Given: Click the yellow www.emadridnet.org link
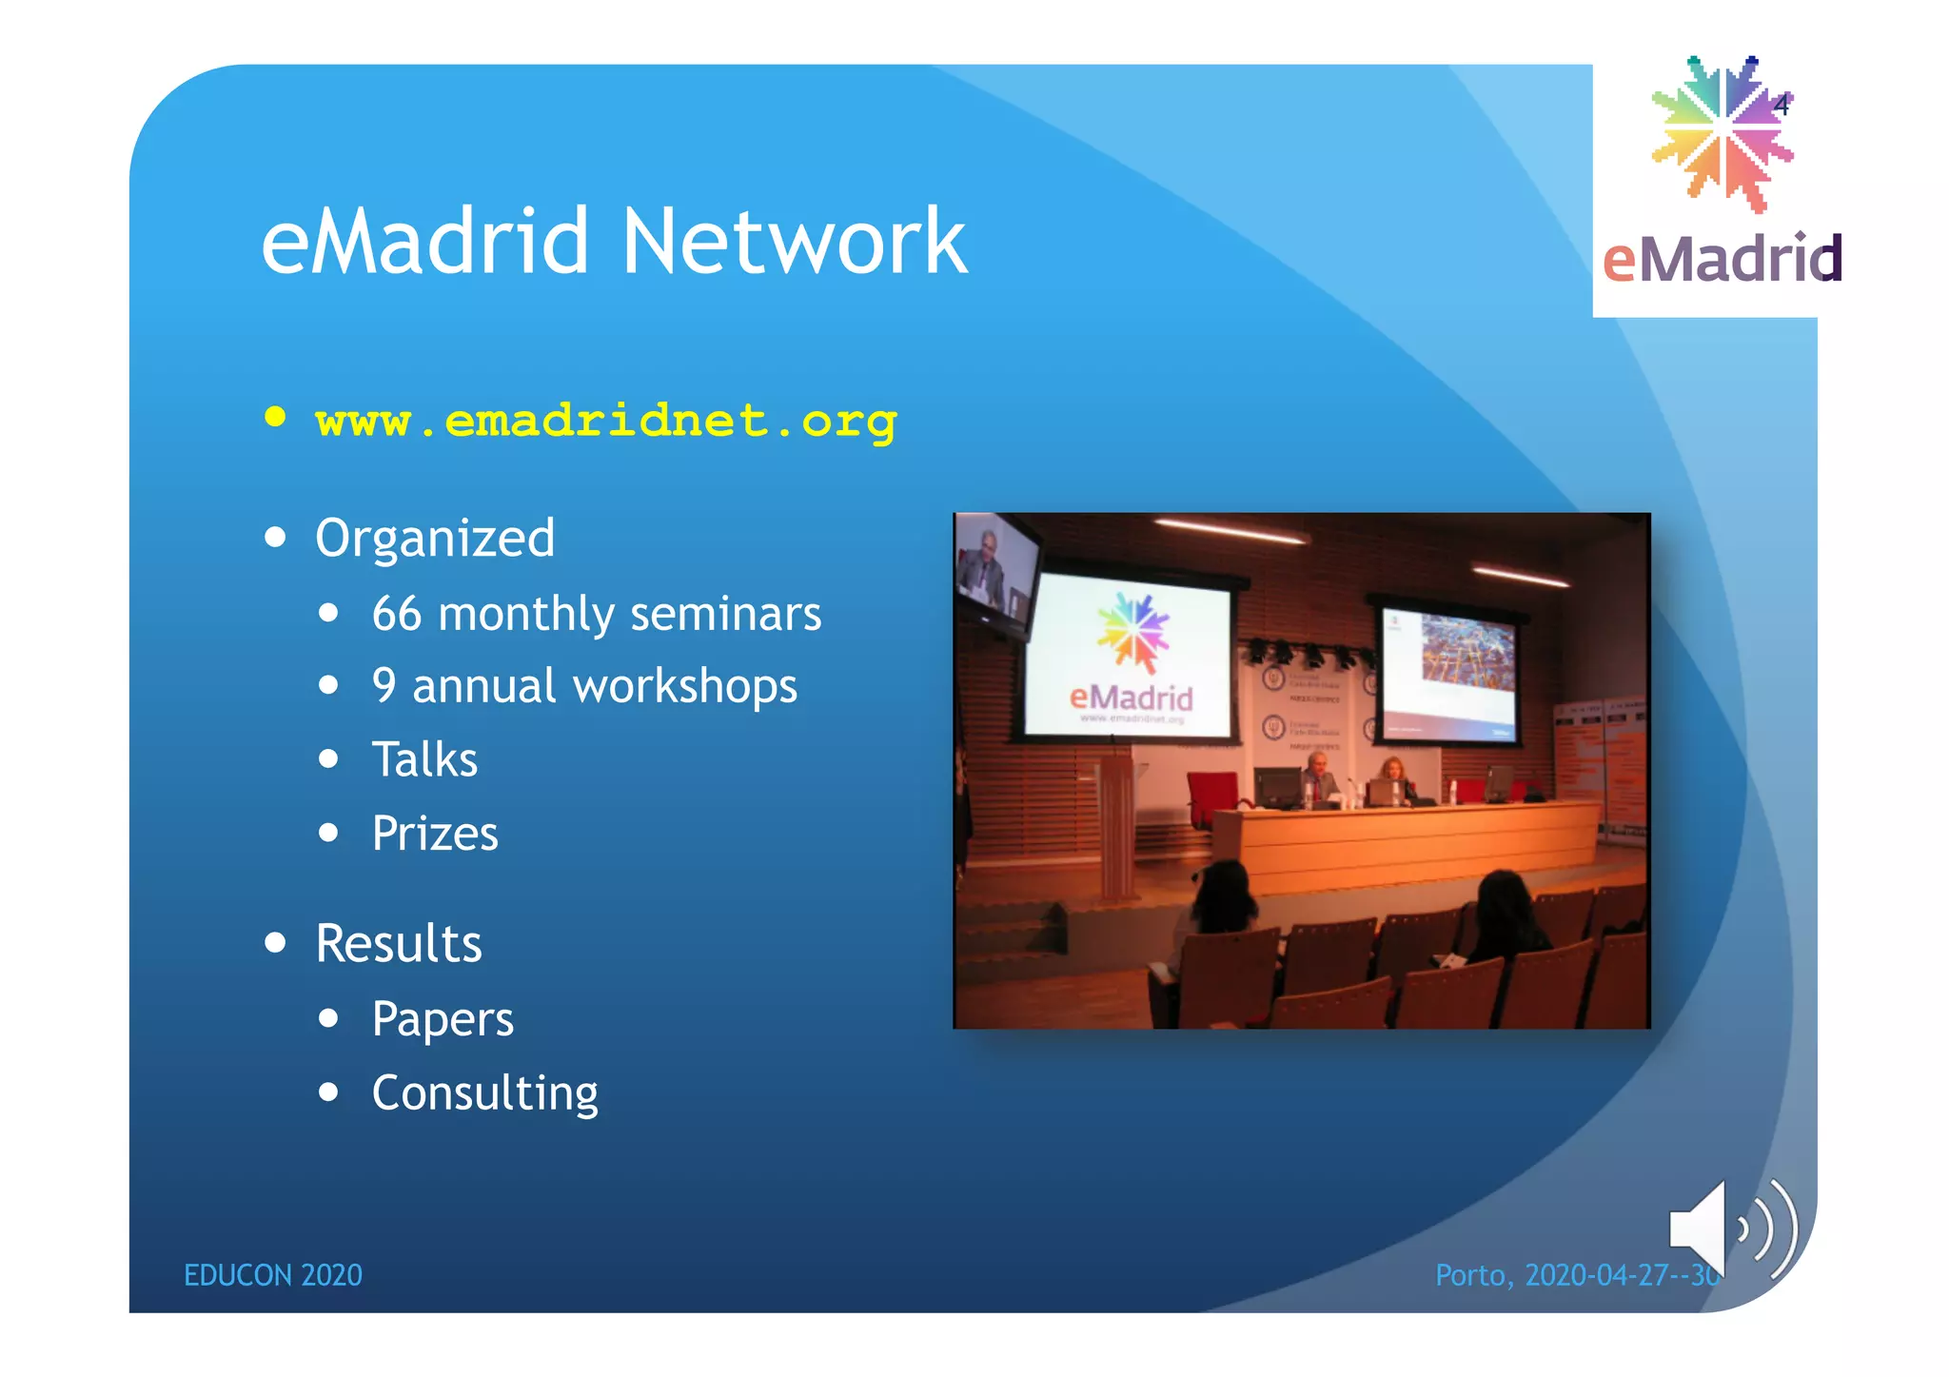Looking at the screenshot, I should coord(605,421).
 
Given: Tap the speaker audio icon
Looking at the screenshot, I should coord(1732,1229).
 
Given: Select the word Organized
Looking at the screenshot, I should coord(435,539).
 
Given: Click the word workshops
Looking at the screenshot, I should coord(685,687).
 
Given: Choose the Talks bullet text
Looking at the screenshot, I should coord(424,760).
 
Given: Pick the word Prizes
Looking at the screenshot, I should coord(435,834).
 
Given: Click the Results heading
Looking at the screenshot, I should coord(399,944).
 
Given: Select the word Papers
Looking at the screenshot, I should coord(443,1019).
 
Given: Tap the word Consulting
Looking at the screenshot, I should coord(485,1093).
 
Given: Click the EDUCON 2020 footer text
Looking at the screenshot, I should coord(273,1275).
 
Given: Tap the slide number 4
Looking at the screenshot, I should coord(1782,105).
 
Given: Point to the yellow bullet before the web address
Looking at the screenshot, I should coord(276,417).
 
